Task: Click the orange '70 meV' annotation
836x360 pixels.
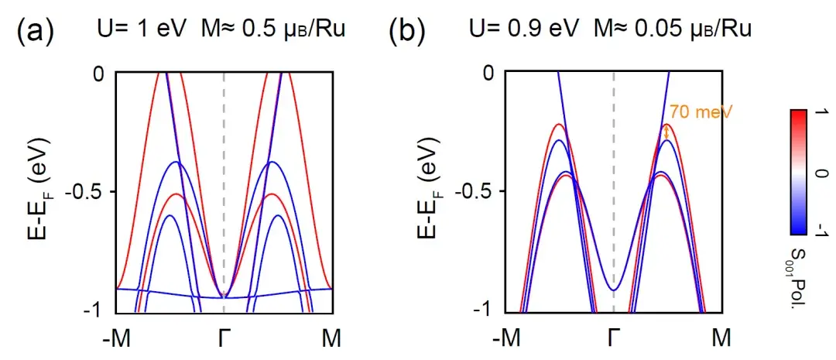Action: (701, 112)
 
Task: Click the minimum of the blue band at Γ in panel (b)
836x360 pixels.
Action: (614, 290)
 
